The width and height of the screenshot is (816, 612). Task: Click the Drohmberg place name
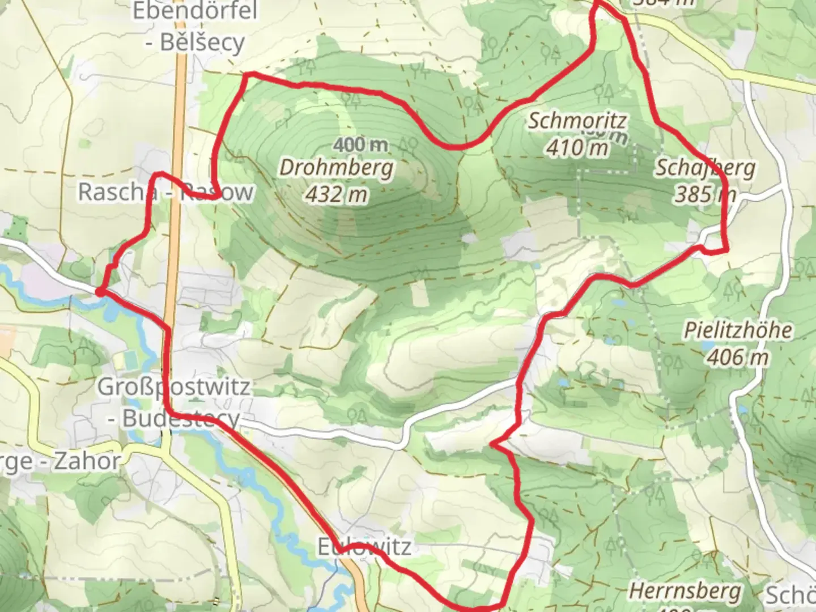click(336, 168)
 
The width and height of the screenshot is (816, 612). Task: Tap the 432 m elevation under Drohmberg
click(336, 194)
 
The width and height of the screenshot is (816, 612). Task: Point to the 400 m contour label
click(361, 145)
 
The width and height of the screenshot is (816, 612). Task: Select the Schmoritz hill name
click(577, 121)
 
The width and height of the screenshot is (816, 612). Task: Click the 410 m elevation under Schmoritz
click(577, 148)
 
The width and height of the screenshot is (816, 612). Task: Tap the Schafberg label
click(705, 168)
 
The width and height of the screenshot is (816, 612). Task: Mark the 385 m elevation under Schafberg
click(705, 194)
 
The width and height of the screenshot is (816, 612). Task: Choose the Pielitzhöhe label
click(738, 330)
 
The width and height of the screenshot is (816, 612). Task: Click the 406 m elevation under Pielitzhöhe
click(738, 357)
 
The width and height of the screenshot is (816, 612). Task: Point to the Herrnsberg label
click(685, 591)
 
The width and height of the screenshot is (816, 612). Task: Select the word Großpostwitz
click(174, 387)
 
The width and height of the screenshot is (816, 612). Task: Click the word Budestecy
click(181, 419)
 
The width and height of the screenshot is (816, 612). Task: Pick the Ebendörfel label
click(195, 11)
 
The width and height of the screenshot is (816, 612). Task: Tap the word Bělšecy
click(202, 42)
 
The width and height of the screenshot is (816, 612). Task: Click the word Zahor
click(87, 461)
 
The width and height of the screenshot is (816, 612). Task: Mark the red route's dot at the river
click(99, 292)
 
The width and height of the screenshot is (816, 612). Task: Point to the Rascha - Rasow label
click(165, 192)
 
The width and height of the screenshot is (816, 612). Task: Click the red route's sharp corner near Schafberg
click(726, 249)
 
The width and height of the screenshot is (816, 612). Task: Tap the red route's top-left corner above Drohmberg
click(246, 74)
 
